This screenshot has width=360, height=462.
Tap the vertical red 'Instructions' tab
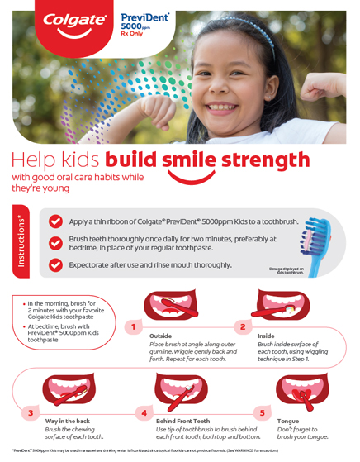[20, 245]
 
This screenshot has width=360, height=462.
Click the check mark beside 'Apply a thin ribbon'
[55, 221]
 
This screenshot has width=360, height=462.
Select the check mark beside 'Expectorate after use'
[55, 264]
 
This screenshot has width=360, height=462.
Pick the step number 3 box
[31, 412]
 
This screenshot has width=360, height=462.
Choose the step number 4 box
[144, 412]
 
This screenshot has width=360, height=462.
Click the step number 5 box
[263, 412]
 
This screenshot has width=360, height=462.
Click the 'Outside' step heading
[161, 336]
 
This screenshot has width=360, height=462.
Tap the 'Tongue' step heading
[288, 421]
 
